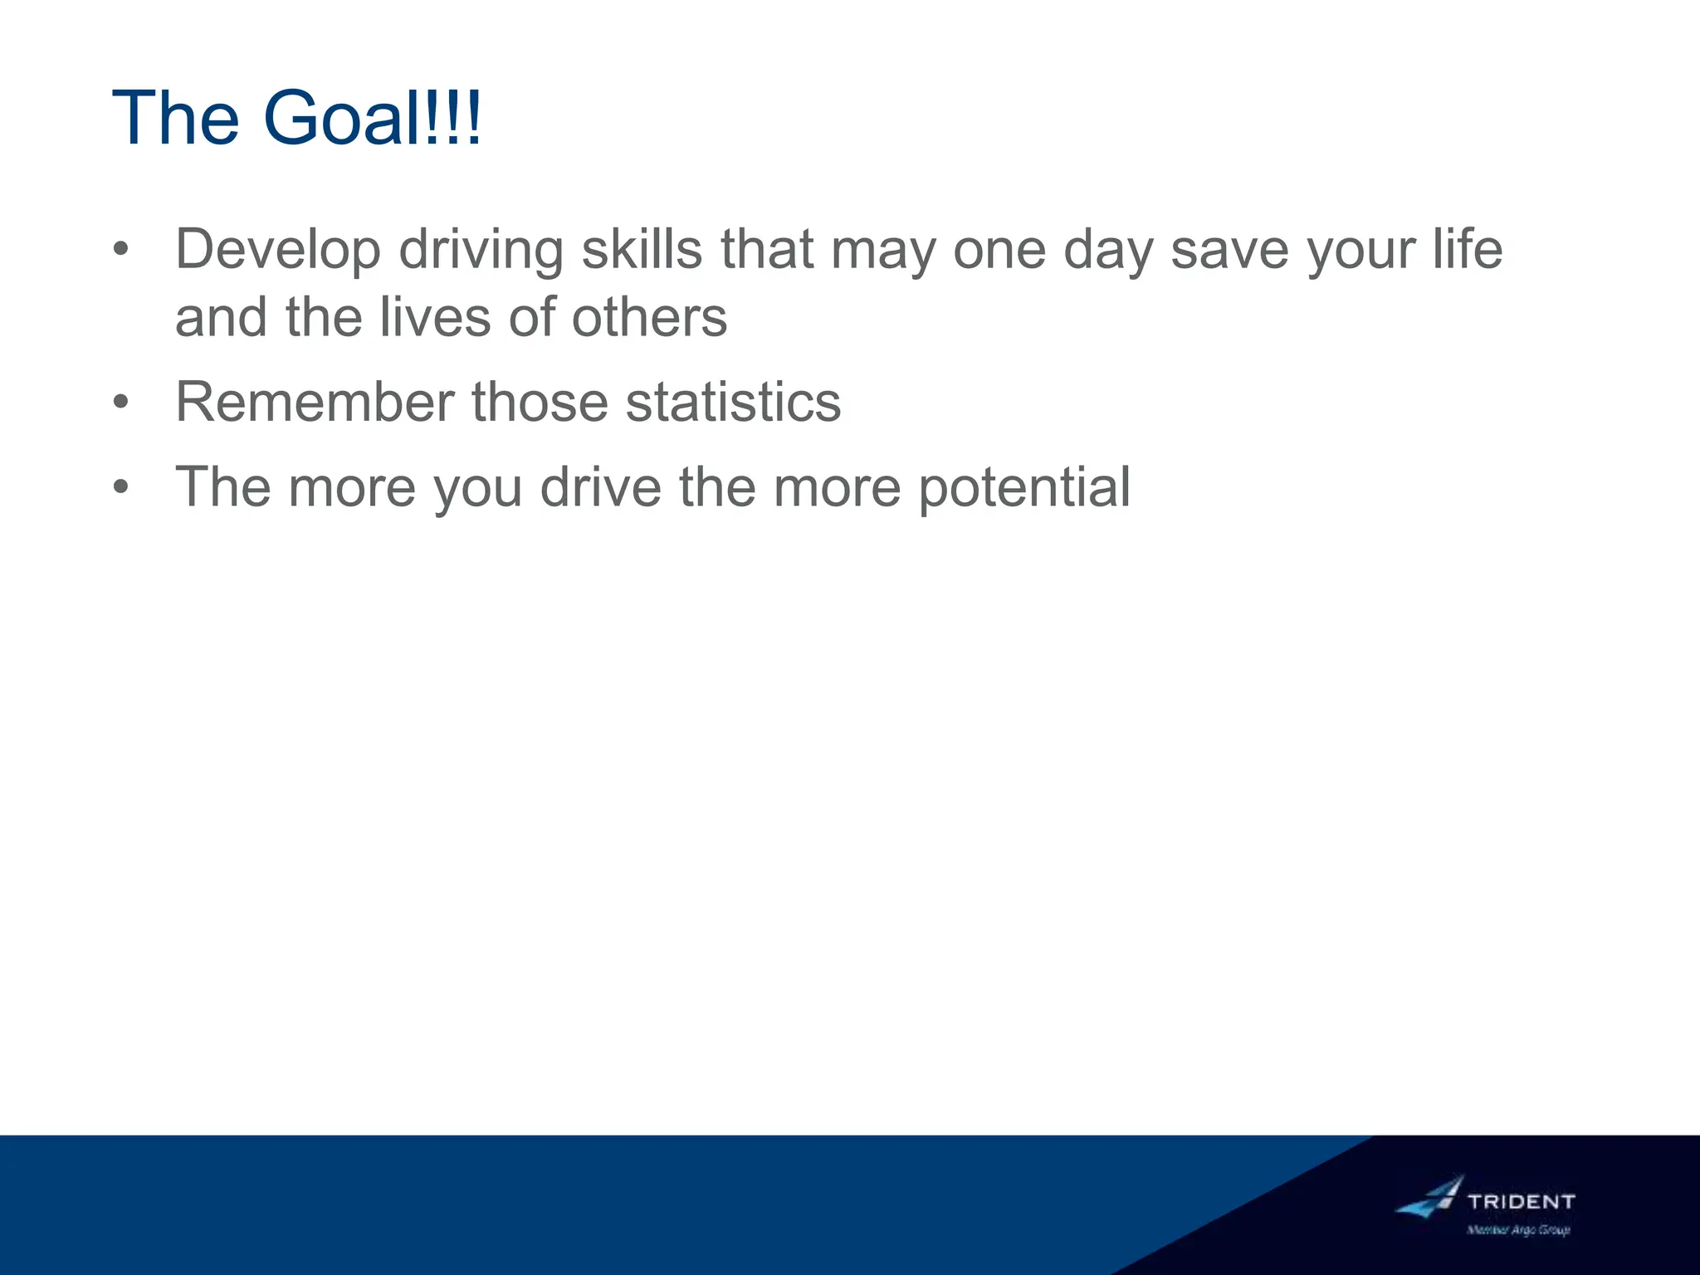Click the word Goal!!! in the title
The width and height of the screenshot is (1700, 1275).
point(372,118)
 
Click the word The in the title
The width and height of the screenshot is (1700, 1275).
point(175,118)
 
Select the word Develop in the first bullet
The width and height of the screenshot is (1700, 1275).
point(278,249)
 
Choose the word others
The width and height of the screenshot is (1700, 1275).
point(649,317)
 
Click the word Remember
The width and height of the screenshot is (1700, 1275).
point(315,402)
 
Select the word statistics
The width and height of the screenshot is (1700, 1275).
point(733,402)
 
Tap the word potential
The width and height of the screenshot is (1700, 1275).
point(1024,486)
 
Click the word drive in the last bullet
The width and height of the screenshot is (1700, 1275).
point(601,486)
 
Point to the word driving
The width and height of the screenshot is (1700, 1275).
point(481,249)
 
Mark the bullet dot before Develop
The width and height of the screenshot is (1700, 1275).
point(121,249)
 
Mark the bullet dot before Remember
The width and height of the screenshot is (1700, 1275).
point(121,403)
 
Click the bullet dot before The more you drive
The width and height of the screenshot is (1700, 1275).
point(121,487)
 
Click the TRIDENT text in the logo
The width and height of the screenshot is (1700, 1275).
point(1521,1201)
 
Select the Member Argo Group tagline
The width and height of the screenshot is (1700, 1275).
point(1518,1230)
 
